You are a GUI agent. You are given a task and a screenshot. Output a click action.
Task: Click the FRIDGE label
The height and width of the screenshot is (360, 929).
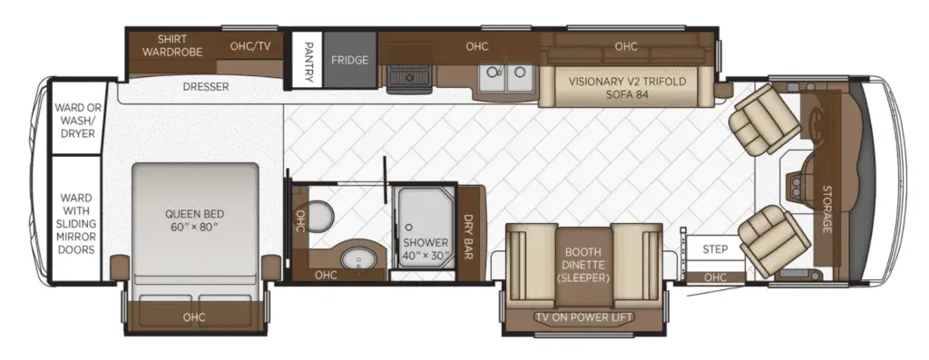click(x=349, y=60)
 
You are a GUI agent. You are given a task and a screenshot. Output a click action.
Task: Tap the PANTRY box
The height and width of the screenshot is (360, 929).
click(x=308, y=60)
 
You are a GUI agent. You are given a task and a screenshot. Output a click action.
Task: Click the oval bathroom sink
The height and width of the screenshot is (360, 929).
click(x=357, y=258)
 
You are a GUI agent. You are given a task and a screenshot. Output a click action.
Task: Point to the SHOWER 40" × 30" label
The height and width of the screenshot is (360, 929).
click(x=425, y=249)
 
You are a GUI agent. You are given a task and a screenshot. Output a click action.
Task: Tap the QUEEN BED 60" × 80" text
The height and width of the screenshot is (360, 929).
click(x=195, y=220)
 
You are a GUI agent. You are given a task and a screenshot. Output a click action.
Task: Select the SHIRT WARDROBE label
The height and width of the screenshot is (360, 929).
click(x=171, y=45)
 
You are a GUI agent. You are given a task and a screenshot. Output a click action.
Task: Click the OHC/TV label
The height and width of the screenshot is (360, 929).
click(x=250, y=45)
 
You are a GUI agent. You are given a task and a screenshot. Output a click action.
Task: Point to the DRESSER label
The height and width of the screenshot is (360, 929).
click(x=206, y=87)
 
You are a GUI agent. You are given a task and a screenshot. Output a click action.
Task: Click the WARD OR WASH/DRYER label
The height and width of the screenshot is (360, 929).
click(x=78, y=121)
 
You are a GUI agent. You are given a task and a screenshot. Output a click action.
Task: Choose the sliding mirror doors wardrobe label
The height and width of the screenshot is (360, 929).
click(x=76, y=223)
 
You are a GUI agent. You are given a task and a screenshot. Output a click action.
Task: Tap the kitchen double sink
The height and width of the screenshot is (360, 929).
click(x=506, y=78)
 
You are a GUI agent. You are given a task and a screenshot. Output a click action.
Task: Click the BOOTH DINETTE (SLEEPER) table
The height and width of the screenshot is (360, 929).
click(x=583, y=265)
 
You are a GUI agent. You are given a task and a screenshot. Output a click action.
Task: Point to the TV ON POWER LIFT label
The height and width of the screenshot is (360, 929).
click(x=584, y=317)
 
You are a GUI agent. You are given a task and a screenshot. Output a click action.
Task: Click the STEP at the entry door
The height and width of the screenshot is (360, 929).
click(x=715, y=249)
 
